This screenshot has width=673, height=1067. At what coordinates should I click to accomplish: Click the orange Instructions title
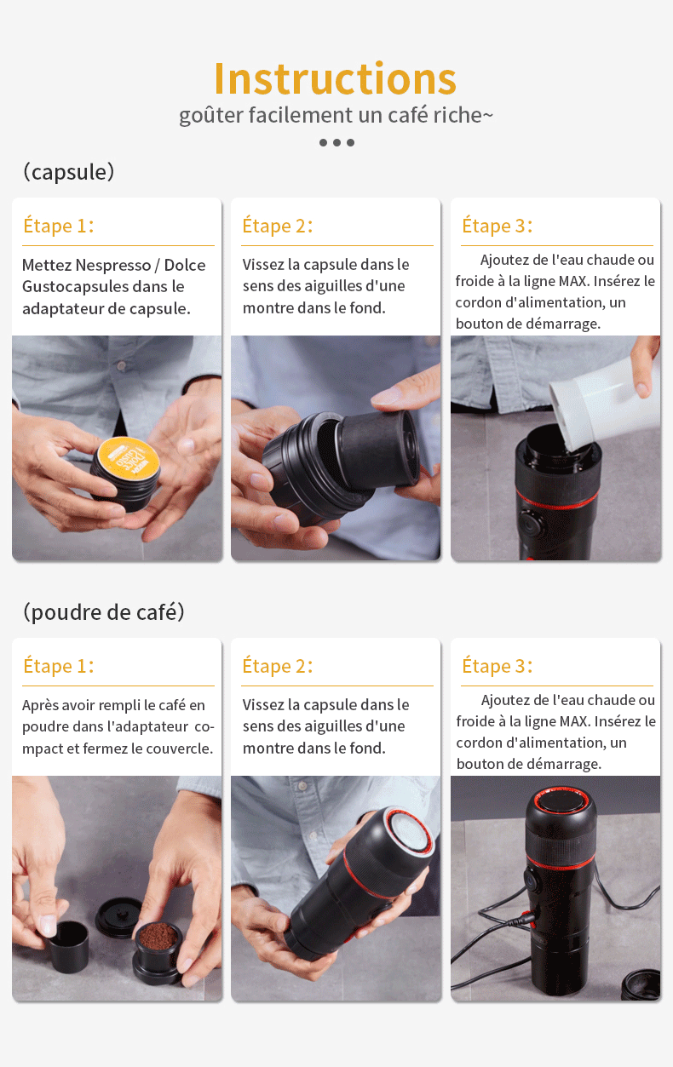tap(335, 78)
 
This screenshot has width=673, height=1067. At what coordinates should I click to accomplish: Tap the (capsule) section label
tap(69, 172)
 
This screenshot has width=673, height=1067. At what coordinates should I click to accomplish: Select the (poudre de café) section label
tap(104, 612)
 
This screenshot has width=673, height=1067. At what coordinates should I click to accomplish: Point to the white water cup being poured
tap(603, 404)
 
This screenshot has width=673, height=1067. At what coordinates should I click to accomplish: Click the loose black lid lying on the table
tap(118, 917)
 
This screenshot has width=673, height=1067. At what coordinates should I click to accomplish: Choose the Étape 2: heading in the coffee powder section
tap(278, 666)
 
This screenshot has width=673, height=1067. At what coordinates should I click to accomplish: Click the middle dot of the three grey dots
tap(337, 142)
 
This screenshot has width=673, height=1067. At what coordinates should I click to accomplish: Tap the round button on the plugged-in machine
tap(531, 881)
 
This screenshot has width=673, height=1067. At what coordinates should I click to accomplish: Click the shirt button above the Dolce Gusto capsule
tap(122, 366)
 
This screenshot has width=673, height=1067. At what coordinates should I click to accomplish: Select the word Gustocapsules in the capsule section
tap(75, 287)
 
